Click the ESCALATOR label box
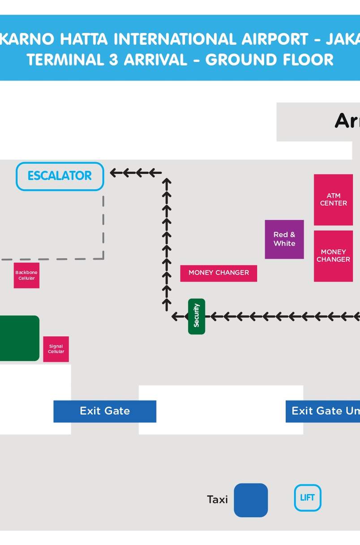[60, 176]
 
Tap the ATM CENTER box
[333, 200]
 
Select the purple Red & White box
[284, 239]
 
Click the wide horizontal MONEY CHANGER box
[219, 273]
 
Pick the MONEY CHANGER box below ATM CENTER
[333, 256]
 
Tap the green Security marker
[197, 316]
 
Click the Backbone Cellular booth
[26, 275]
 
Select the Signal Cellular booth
[56, 349]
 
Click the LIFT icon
[307, 498]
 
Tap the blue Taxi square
[251, 500]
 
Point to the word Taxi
[217, 500]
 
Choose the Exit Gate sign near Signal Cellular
[105, 411]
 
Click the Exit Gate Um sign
[323, 411]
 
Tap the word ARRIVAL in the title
[155, 60]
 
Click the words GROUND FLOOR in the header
[269, 60]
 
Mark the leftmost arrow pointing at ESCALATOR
[116, 173]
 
